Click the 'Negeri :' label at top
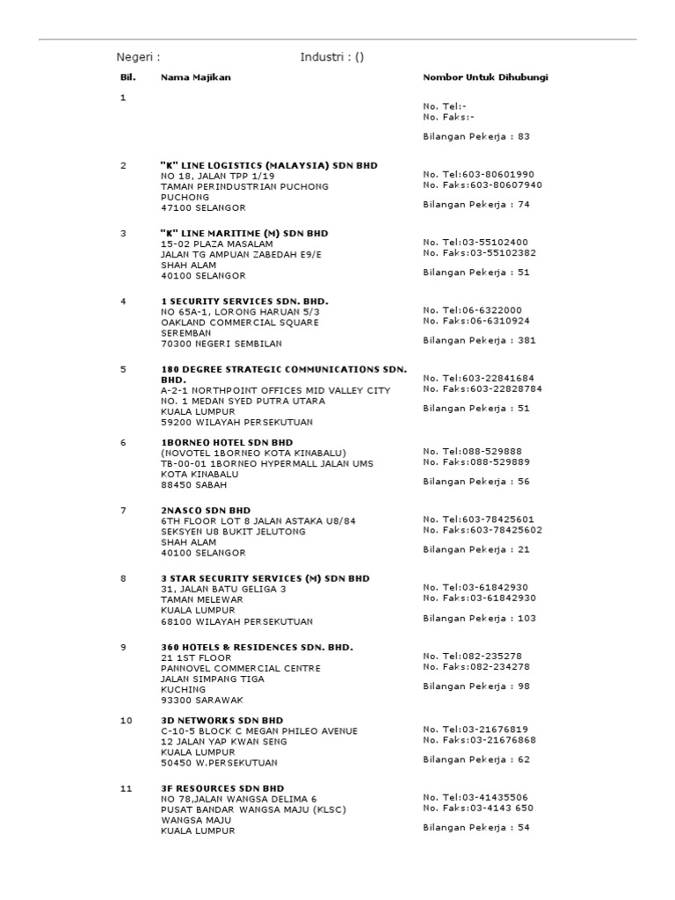pyautogui.click(x=139, y=58)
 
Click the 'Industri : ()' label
pyautogui.click(x=332, y=58)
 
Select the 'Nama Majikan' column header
pyautogui.click(x=195, y=77)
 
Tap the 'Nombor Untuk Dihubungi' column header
pyautogui.click(x=485, y=77)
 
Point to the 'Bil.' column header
pyautogui.click(x=128, y=77)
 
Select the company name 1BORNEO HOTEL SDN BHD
pyautogui.click(x=228, y=442)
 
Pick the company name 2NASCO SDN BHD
pyautogui.click(x=206, y=511)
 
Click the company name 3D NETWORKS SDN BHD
pyautogui.click(x=221, y=720)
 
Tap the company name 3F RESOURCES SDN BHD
pyautogui.click(x=222, y=788)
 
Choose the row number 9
pyautogui.click(x=124, y=647)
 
